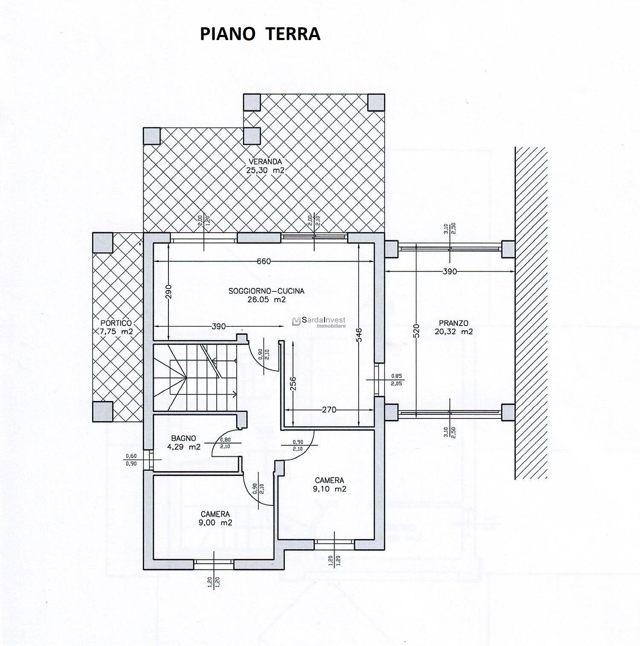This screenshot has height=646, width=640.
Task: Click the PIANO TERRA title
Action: point(260,34)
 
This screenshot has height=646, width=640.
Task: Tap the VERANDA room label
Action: point(265,162)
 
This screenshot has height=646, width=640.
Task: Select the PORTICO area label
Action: point(116,323)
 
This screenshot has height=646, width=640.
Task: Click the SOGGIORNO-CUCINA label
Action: point(266,291)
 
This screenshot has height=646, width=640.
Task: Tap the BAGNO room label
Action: point(184,438)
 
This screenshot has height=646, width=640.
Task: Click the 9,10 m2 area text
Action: point(330,489)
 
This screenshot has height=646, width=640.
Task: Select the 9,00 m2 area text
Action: point(215,523)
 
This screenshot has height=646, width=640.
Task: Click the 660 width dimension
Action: point(264,261)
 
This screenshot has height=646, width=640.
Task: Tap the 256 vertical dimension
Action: point(292,385)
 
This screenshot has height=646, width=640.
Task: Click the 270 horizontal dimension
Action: point(329,410)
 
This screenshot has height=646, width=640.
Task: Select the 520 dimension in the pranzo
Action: point(416,331)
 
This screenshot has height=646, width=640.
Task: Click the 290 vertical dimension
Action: point(168,293)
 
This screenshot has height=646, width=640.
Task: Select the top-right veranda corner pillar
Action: point(376,102)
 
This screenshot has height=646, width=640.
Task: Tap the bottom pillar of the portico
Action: point(103,411)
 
